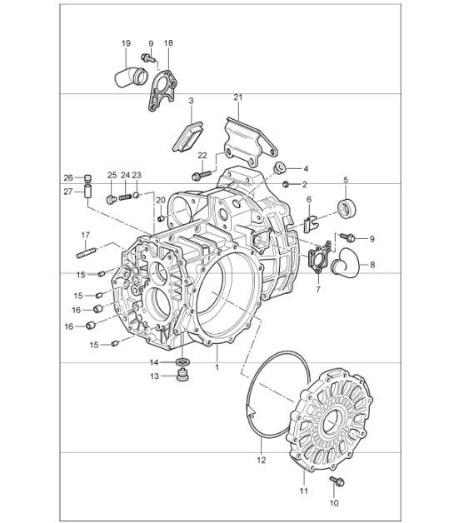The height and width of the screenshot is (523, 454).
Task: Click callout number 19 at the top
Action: pos(126,42)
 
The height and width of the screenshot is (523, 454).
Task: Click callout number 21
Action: pos(237,98)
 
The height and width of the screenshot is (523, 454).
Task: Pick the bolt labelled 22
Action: pos(198,175)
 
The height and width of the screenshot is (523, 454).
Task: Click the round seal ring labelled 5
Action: pos(346,206)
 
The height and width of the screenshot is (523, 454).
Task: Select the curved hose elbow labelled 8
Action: pos(343,265)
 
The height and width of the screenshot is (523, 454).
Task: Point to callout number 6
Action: pos(308,200)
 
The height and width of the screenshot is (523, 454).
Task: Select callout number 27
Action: pos(69,192)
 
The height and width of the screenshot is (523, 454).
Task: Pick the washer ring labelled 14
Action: pos(182,361)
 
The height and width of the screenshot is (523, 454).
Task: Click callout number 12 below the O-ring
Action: pos(260,459)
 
